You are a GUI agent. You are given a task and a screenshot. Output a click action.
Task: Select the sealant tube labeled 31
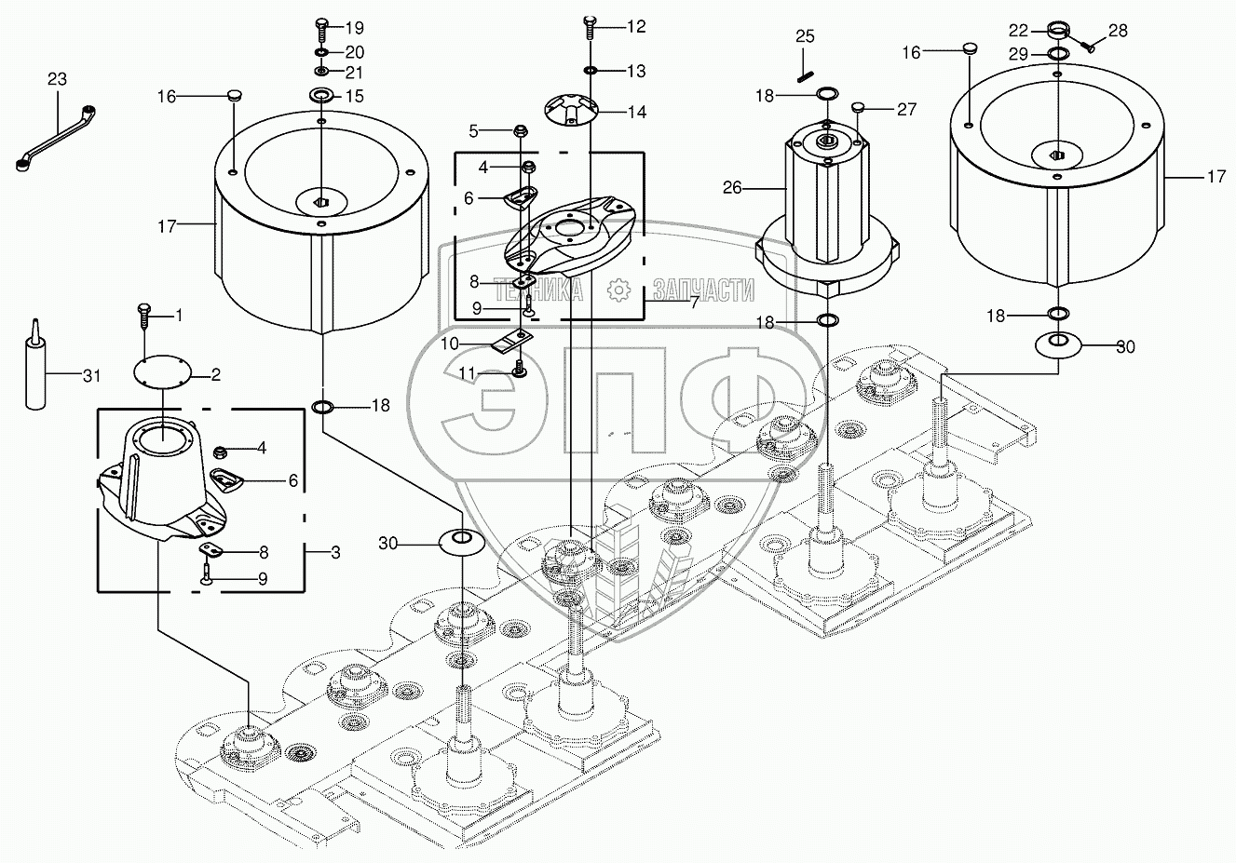[x=35, y=365]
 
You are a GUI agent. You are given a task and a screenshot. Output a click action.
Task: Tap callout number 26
[x=732, y=188]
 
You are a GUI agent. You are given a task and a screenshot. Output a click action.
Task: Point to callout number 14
[x=636, y=113]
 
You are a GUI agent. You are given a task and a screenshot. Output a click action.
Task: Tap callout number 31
[x=89, y=375]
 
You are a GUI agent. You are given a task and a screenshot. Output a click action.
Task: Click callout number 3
[x=335, y=552]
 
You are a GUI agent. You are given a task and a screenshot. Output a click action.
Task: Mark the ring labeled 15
[x=322, y=95]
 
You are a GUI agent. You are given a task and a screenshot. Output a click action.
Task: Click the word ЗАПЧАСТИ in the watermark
[x=702, y=290]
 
